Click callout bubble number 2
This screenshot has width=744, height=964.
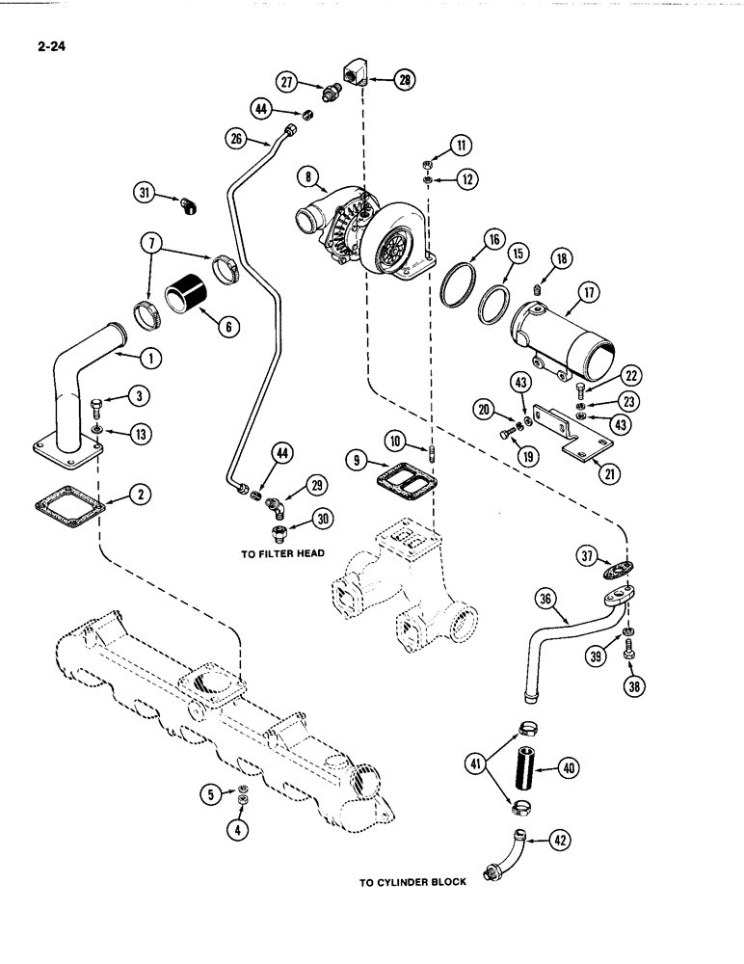coord(142,495)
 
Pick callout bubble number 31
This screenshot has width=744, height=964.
coord(145,193)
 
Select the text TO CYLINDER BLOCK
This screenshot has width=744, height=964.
coord(412,881)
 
